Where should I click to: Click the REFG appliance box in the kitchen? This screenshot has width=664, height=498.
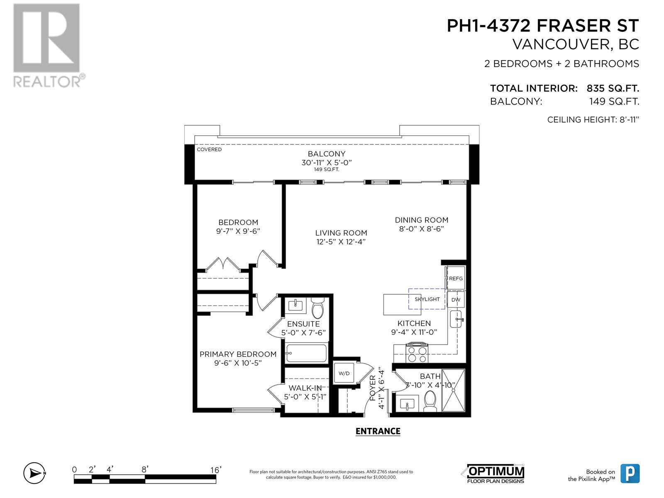(456, 278)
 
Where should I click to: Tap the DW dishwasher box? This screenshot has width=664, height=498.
(456, 300)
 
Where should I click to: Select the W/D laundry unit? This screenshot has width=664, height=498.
(344, 373)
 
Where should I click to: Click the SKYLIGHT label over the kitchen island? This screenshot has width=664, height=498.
(427, 299)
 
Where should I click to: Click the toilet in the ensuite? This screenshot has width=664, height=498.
(318, 308)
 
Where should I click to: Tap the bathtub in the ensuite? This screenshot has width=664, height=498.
(306, 354)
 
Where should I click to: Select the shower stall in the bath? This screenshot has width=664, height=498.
(453, 390)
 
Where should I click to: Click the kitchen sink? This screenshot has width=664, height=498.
(456, 319)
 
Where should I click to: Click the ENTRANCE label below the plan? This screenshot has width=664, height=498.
(378, 431)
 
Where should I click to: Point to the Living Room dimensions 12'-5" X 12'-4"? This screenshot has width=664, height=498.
(341, 242)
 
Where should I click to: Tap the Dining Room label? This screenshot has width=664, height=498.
(421, 220)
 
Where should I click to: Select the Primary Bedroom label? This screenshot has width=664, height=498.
(238, 354)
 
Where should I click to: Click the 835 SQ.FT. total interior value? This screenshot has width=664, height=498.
(613, 88)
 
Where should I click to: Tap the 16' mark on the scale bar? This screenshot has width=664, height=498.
(215, 470)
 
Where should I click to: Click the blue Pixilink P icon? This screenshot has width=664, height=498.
(630, 474)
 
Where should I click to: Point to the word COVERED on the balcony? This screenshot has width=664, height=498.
(209, 149)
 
